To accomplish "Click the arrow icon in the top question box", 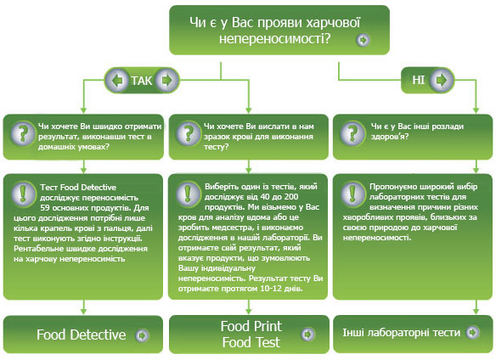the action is coord(363,40).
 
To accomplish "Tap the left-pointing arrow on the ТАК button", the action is coord(117,81).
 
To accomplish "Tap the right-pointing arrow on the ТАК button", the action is coord(166,81).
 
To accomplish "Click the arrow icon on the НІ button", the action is coord(441,80).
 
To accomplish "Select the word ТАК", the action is coord(141,81).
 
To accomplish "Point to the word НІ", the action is coord(418,80).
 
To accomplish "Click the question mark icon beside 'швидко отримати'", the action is coord(22,133).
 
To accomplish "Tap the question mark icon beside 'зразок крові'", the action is coord(189,133).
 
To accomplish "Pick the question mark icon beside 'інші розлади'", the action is coord(352,133).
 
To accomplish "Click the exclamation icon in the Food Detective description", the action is coord(23,194).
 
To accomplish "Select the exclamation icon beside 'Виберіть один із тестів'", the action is coord(188,193).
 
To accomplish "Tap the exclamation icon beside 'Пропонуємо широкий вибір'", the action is coord(353,193).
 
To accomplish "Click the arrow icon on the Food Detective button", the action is coord(142,335).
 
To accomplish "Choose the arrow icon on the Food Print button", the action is coord(307,334).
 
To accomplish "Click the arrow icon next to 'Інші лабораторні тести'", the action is coord(472,333).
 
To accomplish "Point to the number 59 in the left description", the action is coord(45,208).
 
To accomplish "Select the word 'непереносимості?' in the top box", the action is coord(274,39).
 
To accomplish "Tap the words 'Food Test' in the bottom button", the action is coord(251,342).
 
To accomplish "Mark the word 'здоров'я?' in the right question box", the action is coord(390,137).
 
